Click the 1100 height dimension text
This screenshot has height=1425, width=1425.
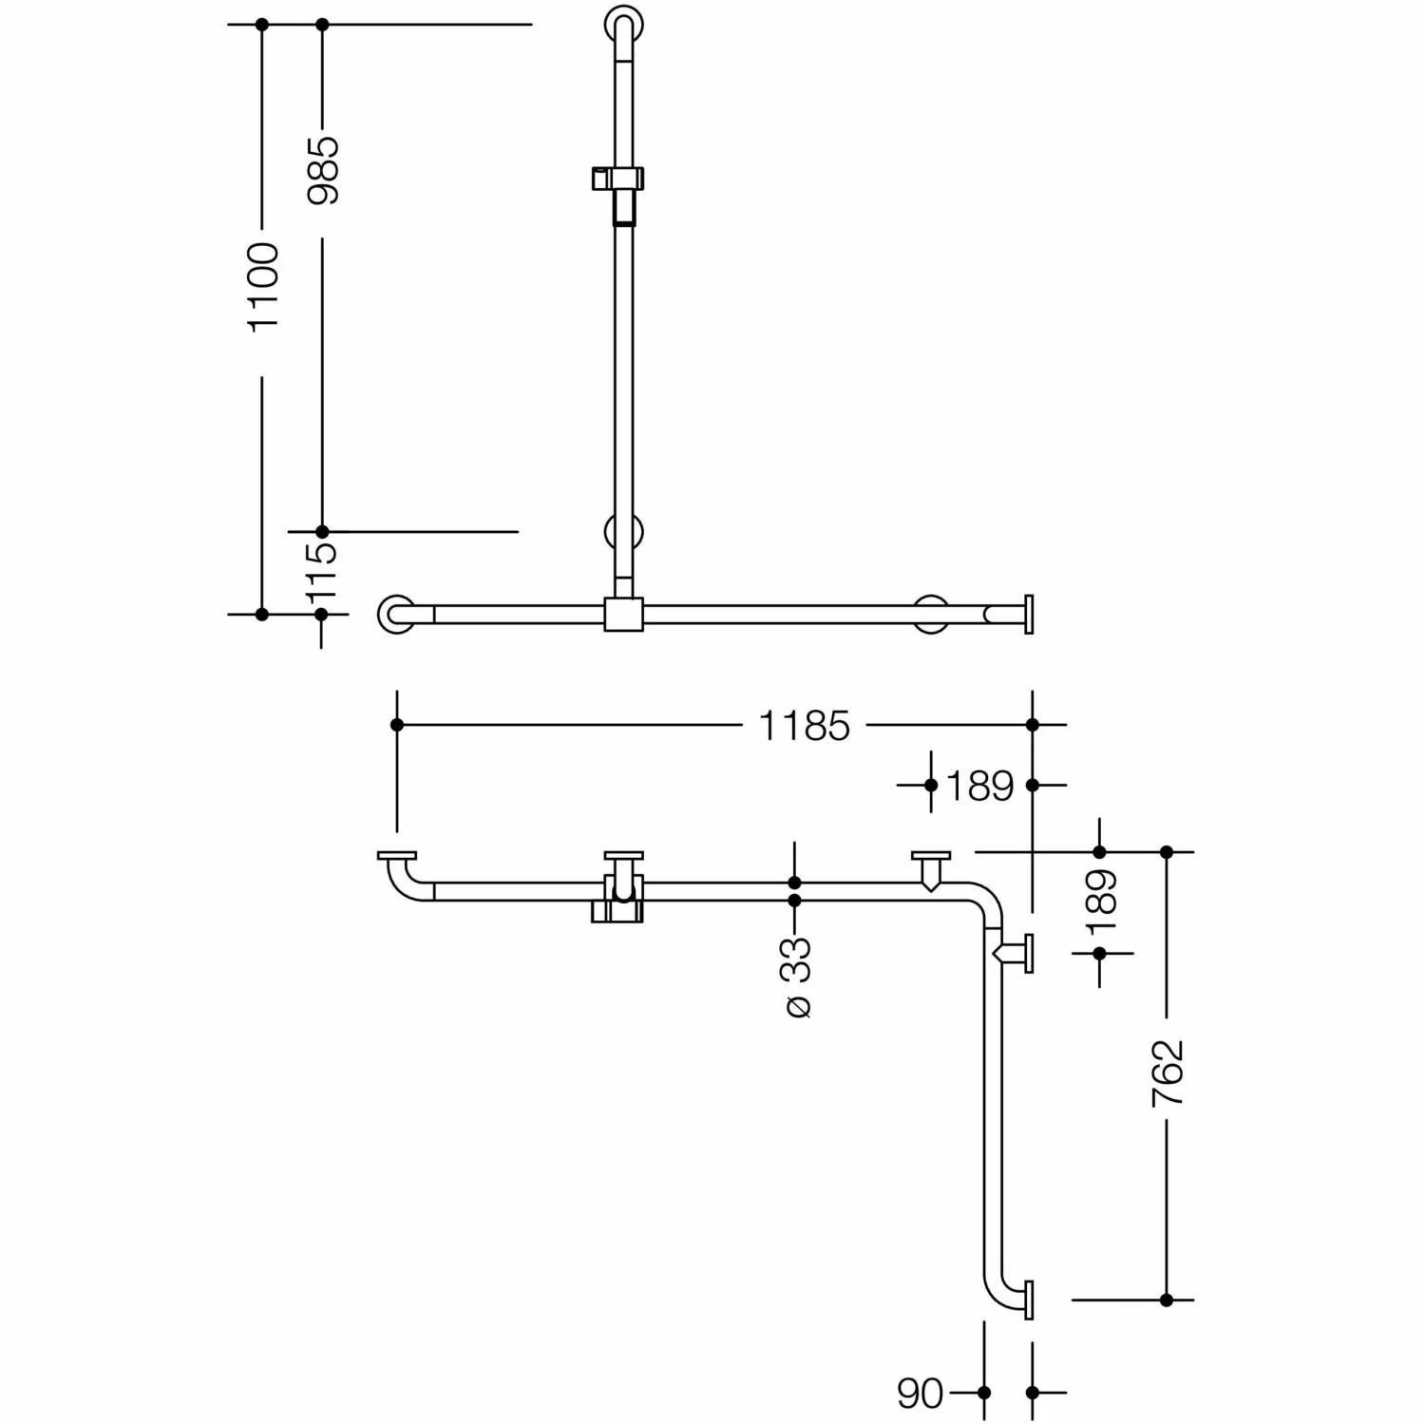click(x=263, y=286)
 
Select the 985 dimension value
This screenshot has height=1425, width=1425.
click(x=323, y=170)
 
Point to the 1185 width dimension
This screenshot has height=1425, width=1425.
click(x=804, y=726)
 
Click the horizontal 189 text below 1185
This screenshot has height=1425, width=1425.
click(x=980, y=787)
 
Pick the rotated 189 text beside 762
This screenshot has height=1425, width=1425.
click(x=1101, y=903)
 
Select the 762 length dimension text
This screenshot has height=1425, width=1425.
click(x=1168, y=1073)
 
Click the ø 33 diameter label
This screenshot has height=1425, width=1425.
click(x=797, y=978)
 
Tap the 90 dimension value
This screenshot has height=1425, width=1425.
click(x=920, y=1394)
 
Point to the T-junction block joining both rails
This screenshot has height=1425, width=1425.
click(x=623, y=614)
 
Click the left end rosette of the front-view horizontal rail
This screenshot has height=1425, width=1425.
click(x=396, y=614)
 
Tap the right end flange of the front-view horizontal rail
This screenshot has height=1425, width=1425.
click(x=1028, y=614)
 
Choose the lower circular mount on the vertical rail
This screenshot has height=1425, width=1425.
click(x=623, y=532)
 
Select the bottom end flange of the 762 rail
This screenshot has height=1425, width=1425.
click(x=1028, y=1299)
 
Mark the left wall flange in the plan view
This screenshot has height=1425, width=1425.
click(x=396, y=856)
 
